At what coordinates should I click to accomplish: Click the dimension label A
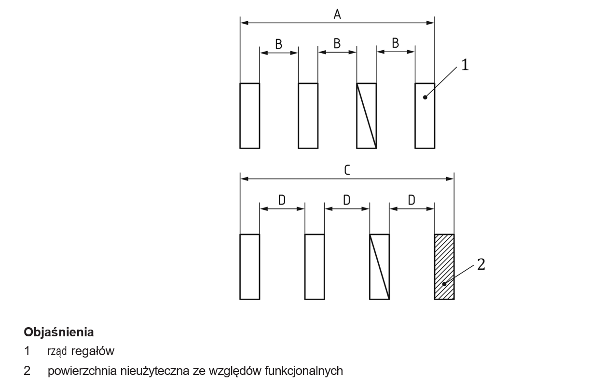337,14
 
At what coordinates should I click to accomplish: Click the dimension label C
347,170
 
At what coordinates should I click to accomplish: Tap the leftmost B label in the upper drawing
279,44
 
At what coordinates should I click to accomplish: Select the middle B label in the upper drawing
337,44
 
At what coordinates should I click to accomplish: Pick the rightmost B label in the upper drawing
396,44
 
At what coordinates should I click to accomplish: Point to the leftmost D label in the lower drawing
282,200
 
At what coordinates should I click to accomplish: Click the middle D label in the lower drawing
347,200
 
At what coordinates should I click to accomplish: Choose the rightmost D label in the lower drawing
412,200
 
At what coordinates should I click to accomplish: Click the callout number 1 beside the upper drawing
465,65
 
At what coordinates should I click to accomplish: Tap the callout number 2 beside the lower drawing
481,264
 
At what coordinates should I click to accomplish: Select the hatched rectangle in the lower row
444,267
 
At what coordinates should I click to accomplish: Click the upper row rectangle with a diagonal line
366,115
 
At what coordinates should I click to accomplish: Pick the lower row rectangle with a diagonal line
379,267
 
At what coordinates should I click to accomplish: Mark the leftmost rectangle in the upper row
250,115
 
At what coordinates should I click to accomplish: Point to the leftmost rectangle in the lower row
250,267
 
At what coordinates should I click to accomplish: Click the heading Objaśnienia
58,332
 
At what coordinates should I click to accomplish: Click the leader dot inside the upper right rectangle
425,97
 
